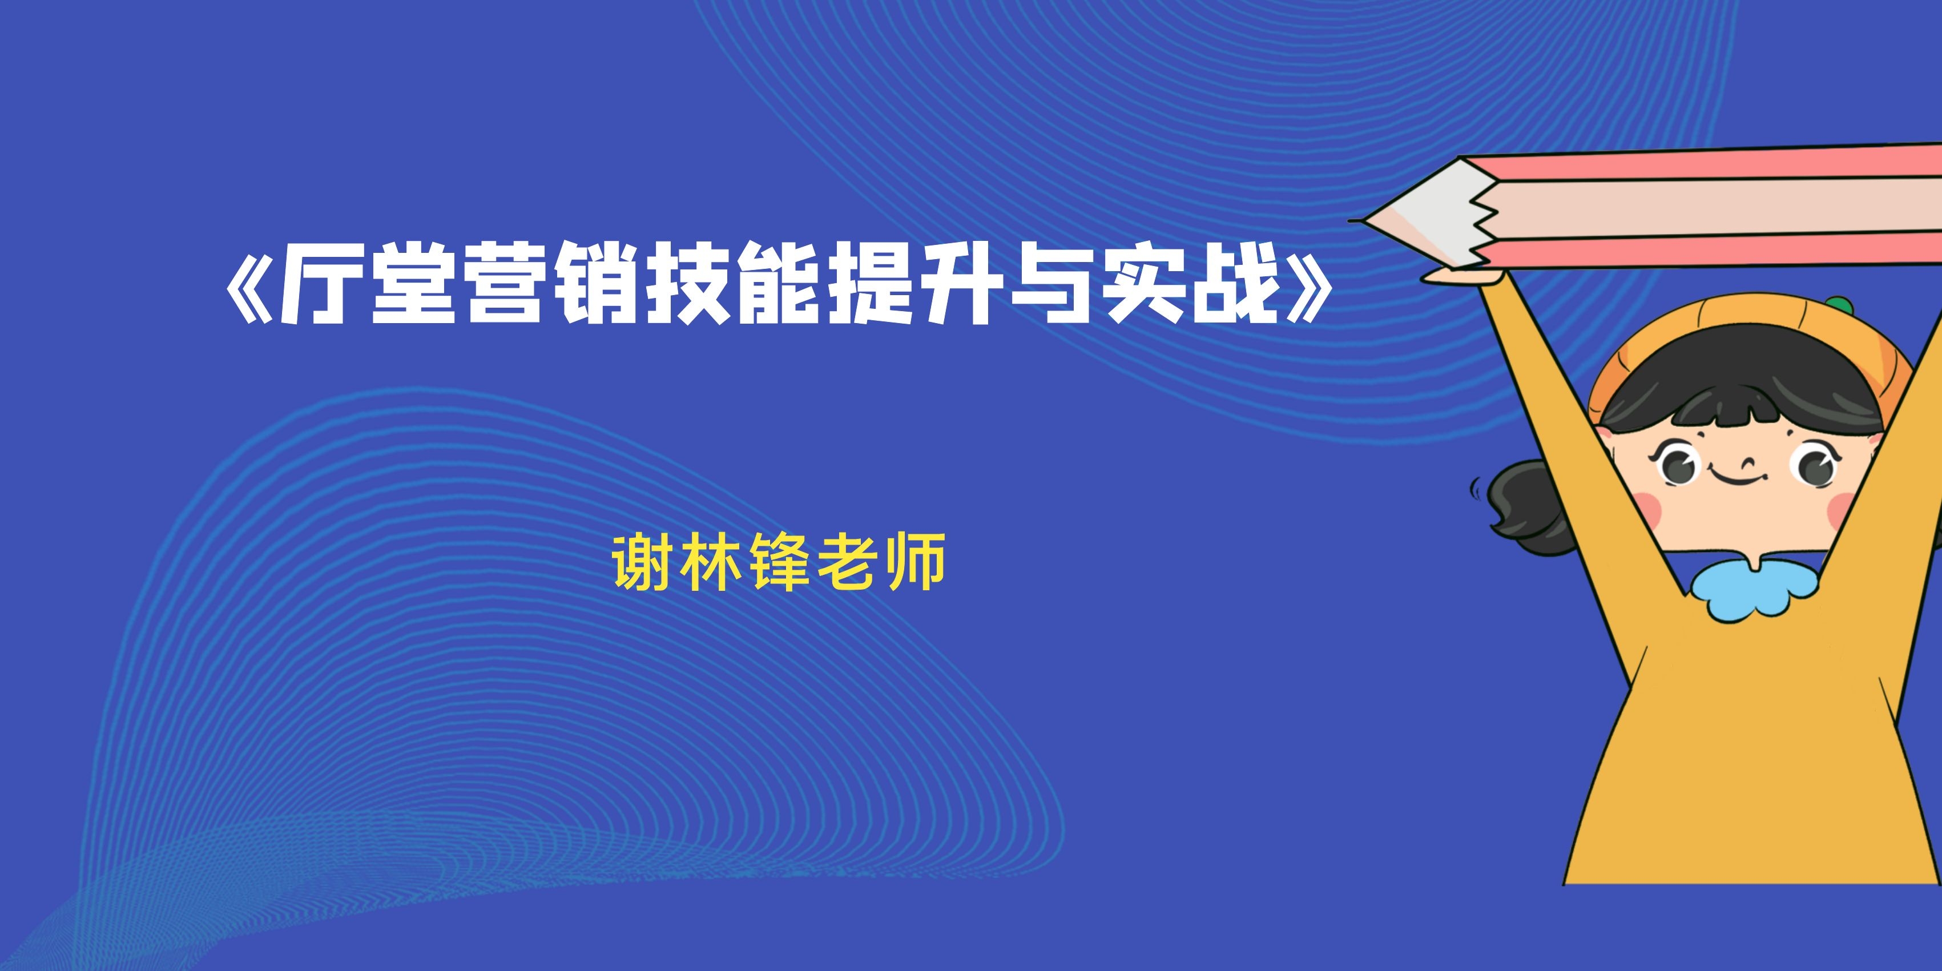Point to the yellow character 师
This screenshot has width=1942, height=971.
917,562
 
